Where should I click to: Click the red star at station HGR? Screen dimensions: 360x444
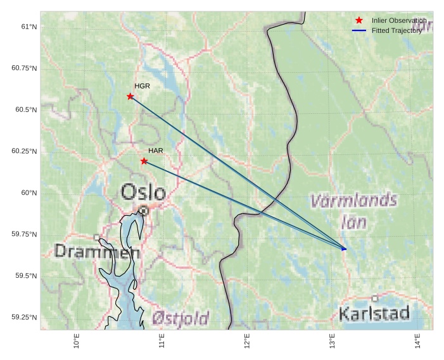(x=130, y=96)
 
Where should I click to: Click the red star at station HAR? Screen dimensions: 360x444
(x=144, y=161)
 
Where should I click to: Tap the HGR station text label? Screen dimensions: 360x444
(x=142, y=86)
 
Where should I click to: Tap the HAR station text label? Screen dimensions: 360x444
(x=156, y=151)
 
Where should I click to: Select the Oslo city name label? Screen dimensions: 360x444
(x=143, y=192)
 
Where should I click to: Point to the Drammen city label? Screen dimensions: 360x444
(x=97, y=252)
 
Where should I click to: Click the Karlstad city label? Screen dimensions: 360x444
(x=374, y=313)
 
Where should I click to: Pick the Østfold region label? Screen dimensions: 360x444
(x=181, y=318)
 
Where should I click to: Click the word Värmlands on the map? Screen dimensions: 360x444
(x=353, y=202)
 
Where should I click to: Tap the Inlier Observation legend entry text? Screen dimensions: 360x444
(x=399, y=21)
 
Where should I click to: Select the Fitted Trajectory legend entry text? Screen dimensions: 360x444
(x=396, y=30)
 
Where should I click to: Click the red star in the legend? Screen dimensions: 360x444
(x=359, y=21)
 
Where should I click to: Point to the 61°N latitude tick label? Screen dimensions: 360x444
(x=29, y=27)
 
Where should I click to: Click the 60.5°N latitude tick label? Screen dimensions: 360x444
(x=25, y=109)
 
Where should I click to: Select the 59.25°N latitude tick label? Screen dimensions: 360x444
(x=24, y=317)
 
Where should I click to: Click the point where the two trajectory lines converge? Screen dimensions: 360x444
(x=345, y=249)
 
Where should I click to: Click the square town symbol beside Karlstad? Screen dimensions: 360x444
(x=375, y=298)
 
